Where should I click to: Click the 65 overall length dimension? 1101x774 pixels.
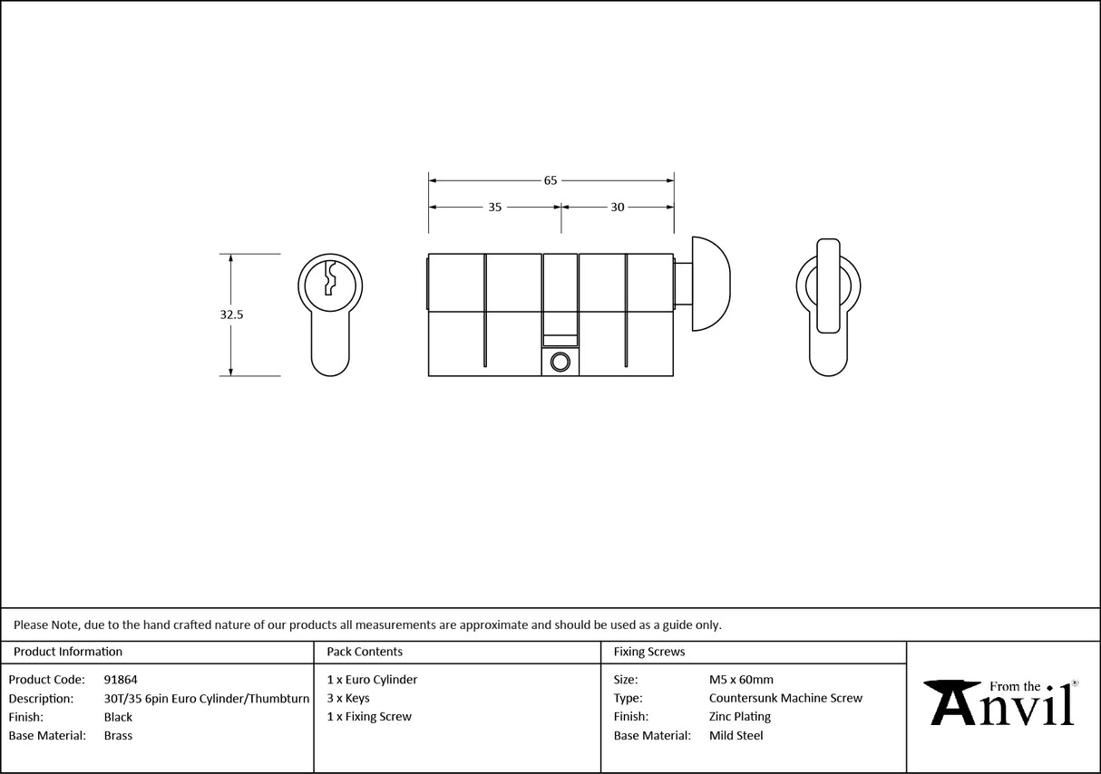[x=550, y=180]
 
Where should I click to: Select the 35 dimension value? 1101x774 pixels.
[x=495, y=208]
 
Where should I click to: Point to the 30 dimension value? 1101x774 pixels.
[x=617, y=208]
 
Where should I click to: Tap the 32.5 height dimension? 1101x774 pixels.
[x=231, y=315]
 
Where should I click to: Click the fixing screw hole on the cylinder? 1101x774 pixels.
[x=560, y=363]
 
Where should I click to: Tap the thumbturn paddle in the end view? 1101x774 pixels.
[x=828, y=285]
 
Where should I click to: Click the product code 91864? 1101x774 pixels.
[x=121, y=679]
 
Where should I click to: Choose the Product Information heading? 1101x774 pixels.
[x=68, y=652]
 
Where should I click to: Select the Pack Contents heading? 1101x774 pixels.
[x=365, y=652]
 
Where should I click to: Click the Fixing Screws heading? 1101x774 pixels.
[x=649, y=652]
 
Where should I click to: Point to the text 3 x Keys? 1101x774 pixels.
[x=348, y=698]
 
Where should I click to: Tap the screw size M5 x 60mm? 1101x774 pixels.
[x=741, y=679]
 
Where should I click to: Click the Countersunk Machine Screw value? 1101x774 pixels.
[x=785, y=698]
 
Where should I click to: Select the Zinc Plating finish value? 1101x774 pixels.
[x=739, y=717]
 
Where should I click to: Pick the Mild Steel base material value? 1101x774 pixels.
[x=736, y=735]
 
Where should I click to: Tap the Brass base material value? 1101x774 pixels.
[x=118, y=735]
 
